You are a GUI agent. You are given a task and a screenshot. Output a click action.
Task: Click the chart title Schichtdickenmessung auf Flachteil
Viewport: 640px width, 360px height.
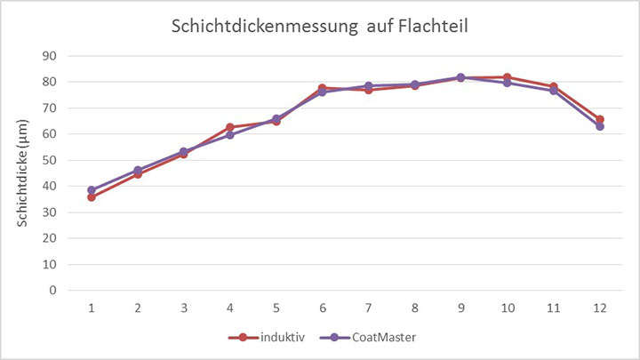pos(320,28)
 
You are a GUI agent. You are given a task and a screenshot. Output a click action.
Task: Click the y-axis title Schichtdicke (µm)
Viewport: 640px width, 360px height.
pos(25,173)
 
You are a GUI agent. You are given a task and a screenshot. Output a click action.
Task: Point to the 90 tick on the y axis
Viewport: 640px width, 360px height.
pos(51,56)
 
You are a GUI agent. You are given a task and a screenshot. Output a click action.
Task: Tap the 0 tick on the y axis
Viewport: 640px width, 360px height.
pos(54,290)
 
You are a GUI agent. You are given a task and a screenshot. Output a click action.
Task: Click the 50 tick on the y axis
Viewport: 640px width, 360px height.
pos(51,160)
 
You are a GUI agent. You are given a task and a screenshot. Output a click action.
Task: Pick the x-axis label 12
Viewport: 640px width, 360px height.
pos(600,308)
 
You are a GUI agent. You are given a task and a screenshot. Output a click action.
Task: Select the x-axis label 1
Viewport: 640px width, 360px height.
pos(92,308)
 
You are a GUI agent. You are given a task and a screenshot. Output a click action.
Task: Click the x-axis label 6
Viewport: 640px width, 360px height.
pos(323,308)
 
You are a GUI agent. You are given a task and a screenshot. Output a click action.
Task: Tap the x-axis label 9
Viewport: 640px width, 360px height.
pos(461,308)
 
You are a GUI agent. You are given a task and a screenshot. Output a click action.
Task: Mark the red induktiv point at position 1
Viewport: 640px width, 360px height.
pos(92,197)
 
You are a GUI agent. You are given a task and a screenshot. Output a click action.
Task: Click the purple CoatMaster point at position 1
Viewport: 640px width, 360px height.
pos(92,190)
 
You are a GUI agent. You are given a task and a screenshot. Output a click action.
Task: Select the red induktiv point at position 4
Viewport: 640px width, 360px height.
pos(230,127)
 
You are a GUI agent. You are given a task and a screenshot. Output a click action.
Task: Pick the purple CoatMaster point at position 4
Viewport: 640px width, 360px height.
pos(230,135)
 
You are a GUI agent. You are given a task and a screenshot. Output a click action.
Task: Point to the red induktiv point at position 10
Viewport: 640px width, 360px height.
pos(508,77)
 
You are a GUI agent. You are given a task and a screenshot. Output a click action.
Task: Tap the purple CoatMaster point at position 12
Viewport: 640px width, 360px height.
pos(600,126)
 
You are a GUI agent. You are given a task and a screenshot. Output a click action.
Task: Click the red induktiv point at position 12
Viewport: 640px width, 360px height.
pos(600,119)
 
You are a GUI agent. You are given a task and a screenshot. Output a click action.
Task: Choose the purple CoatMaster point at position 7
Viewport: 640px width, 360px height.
pos(369,86)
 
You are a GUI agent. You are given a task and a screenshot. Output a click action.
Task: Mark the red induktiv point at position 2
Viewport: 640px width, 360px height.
pos(138,174)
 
